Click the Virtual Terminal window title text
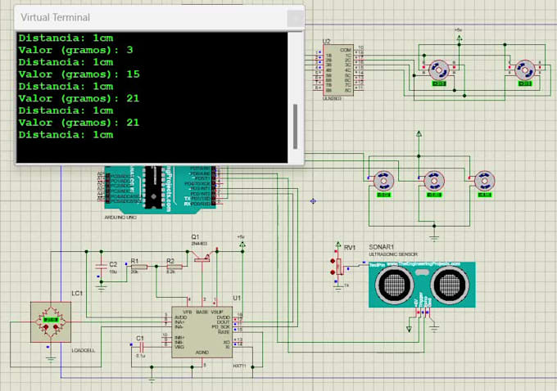click(x=55, y=17)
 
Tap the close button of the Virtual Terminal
click(x=292, y=17)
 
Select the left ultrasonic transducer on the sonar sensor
click(x=396, y=284)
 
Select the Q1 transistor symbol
click(x=201, y=255)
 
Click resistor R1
click(x=137, y=267)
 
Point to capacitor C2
click(x=102, y=267)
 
